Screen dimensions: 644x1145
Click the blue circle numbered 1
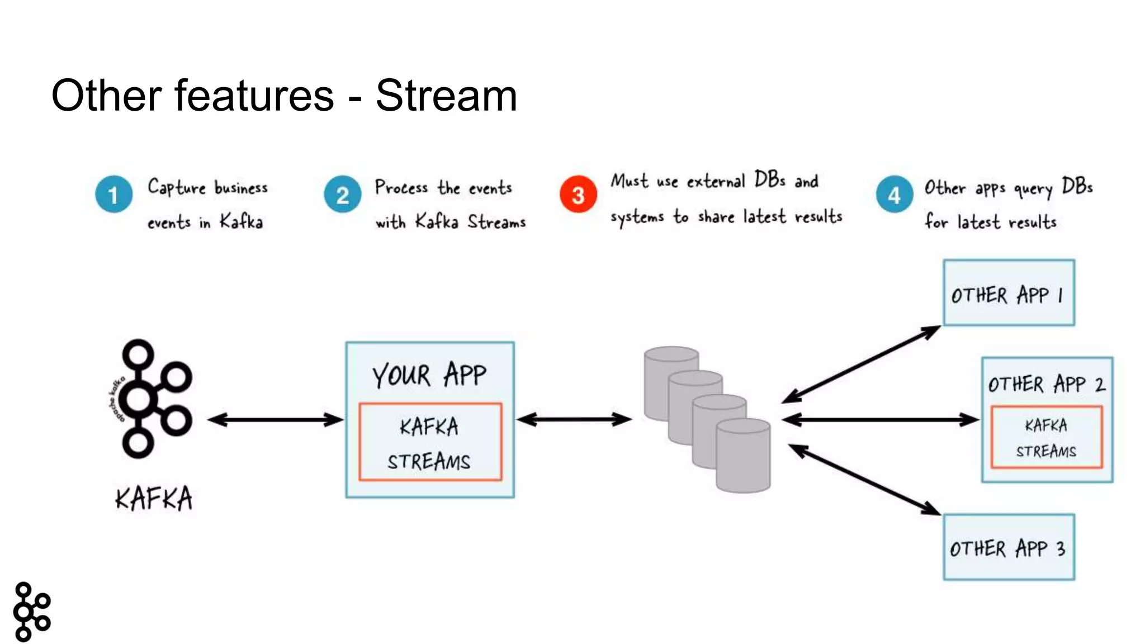113,195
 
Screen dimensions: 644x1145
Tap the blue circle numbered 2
342,195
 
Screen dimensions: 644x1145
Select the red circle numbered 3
578,195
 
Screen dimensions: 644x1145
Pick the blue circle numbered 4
894,195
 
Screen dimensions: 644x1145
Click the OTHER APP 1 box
1009,293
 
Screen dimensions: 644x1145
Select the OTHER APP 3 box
1009,547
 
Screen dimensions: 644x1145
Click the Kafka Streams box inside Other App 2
1046,437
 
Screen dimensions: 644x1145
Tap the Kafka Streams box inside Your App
429,442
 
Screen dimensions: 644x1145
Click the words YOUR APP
429,375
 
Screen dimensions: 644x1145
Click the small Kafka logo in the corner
32,611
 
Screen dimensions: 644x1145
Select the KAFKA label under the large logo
154,498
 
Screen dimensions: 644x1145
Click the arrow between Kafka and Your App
275,419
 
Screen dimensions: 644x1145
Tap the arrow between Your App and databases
574,419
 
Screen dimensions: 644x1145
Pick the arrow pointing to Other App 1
861,364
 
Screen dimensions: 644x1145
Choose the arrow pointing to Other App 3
864,479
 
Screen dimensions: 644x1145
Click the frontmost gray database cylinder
743,456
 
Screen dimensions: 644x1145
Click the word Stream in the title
446,96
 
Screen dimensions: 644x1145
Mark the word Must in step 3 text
629,181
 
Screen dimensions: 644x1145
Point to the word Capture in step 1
176,187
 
